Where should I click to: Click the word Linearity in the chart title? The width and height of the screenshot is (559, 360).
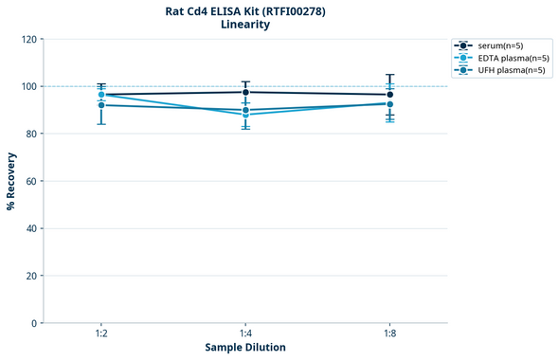pos(244,25)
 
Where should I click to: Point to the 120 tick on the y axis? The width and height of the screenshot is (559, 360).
pos(28,39)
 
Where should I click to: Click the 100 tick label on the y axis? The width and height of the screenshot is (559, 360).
pos(28,86)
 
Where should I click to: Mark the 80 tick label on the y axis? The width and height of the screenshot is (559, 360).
pos(31,134)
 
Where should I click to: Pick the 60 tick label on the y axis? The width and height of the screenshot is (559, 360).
pos(31,181)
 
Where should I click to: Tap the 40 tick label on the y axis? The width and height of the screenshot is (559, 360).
pos(31,228)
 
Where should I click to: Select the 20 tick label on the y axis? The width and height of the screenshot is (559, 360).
pos(31,276)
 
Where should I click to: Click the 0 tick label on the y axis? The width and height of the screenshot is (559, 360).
pos(34,323)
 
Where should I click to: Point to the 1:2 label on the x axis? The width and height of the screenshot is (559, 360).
pos(101,334)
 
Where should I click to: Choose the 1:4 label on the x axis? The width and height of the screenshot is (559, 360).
pos(245,334)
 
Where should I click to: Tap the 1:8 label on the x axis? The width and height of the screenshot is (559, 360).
pos(389,334)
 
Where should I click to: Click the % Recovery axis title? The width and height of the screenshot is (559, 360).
pos(11,180)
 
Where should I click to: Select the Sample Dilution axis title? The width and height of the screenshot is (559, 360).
pos(245,348)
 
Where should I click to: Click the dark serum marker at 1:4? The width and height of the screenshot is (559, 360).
pos(245,92)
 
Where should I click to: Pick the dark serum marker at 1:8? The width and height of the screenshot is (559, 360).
pos(389,95)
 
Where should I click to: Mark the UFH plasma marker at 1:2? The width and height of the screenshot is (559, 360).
pos(101,105)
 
